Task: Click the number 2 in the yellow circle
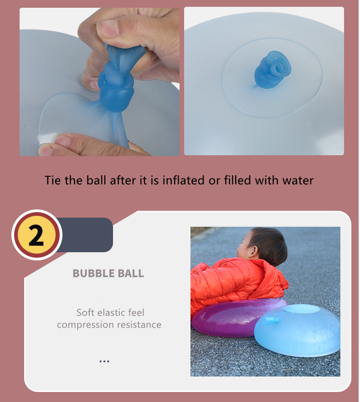coord(36,236)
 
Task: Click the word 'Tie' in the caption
coord(53,180)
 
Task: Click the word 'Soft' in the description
coord(86,313)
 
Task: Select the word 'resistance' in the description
coord(139,325)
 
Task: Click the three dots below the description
coord(104,361)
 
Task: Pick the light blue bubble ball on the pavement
coord(301,332)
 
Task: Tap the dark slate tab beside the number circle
coord(87,235)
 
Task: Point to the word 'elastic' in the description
coord(116,313)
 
